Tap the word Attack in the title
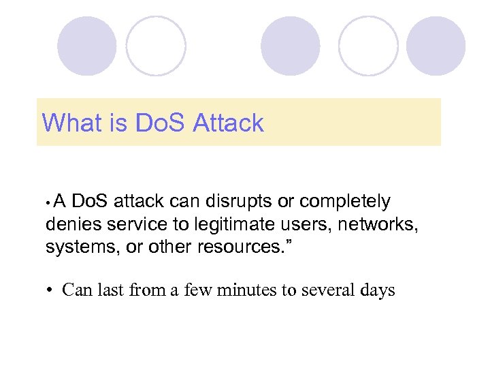coord(228,123)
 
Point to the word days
coord(378,291)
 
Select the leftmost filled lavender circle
coord(86,46)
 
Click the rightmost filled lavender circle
coord(436,46)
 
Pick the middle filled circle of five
coord(291,46)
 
